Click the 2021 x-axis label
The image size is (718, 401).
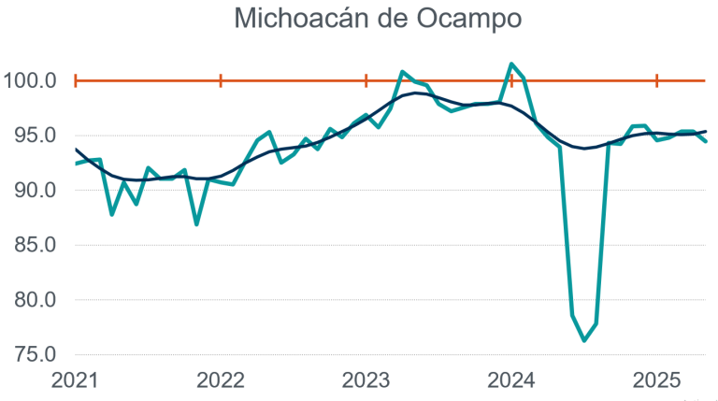pos(75,380)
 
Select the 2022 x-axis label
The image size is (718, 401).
pos(221,380)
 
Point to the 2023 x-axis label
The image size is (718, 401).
pos(366,380)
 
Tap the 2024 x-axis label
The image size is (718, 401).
pos(511,380)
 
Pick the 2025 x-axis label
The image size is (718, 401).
pos(656,380)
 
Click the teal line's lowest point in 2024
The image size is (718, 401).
pos(584,340)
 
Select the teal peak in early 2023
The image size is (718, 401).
pos(402,71)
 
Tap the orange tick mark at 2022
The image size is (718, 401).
pos(221,81)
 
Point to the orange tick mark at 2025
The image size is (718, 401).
pos(656,81)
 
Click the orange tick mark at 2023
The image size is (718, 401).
pos(366,81)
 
